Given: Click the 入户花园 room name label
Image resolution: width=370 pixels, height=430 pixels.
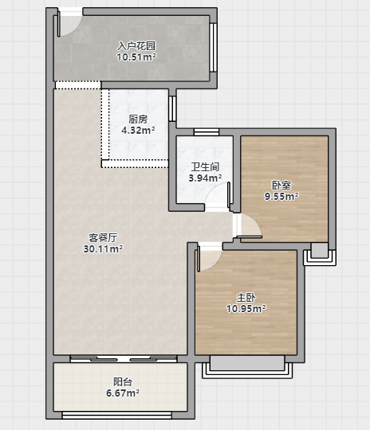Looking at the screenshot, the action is click(x=136, y=46).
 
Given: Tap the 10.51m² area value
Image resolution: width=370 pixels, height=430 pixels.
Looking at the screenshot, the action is click(x=136, y=57).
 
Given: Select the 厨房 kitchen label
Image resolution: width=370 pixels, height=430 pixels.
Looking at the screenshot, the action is click(x=138, y=119).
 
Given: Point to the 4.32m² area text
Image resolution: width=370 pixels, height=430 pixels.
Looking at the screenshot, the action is click(x=138, y=131).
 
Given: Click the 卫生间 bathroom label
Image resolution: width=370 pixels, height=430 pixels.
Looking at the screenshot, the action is click(x=205, y=166).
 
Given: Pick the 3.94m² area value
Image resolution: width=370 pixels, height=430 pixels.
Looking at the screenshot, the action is click(x=205, y=178).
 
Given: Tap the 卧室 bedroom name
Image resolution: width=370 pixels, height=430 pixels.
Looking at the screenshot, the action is click(x=281, y=186).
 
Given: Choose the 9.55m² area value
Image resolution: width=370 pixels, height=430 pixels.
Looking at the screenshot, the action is click(x=281, y=197).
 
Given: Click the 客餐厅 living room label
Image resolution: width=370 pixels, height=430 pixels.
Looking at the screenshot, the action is click(x=103, y=238).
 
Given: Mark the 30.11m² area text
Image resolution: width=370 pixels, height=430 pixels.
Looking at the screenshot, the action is click(x=103, y=249).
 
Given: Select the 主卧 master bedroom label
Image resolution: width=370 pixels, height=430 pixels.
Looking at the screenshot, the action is click(x=246, y=298).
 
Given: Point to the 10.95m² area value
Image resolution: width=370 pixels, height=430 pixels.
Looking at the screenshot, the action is click(x=246, y=309).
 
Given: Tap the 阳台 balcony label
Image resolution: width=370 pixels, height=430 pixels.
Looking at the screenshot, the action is click(x=123, y=381).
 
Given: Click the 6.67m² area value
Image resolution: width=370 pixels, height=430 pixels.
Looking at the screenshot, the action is click(x=123, y=393).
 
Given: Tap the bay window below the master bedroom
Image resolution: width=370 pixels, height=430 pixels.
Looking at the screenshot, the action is click(x=247, y=367).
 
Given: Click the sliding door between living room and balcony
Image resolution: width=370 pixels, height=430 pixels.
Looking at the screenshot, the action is click(x=124, y=359).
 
